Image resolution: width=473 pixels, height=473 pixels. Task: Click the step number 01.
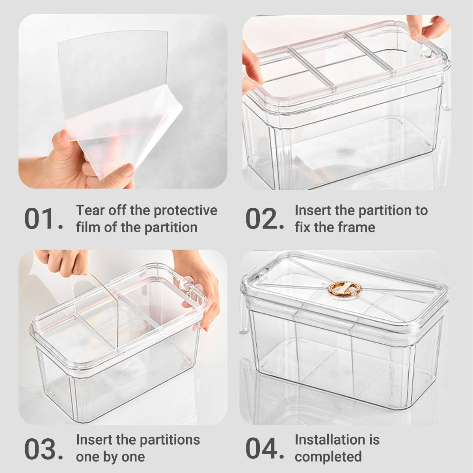coord(43,219)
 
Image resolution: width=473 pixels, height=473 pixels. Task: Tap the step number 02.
coord(264,219)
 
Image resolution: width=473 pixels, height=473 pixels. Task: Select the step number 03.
coord(43,448)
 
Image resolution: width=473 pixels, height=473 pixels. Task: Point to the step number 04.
coord(264,448)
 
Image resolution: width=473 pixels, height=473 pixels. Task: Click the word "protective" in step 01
coord(185,210)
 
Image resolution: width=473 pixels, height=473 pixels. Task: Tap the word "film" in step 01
coord(88,227)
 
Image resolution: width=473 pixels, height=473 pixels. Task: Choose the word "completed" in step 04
coord(328,456)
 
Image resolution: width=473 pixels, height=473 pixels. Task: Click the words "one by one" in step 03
coord(110,456)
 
